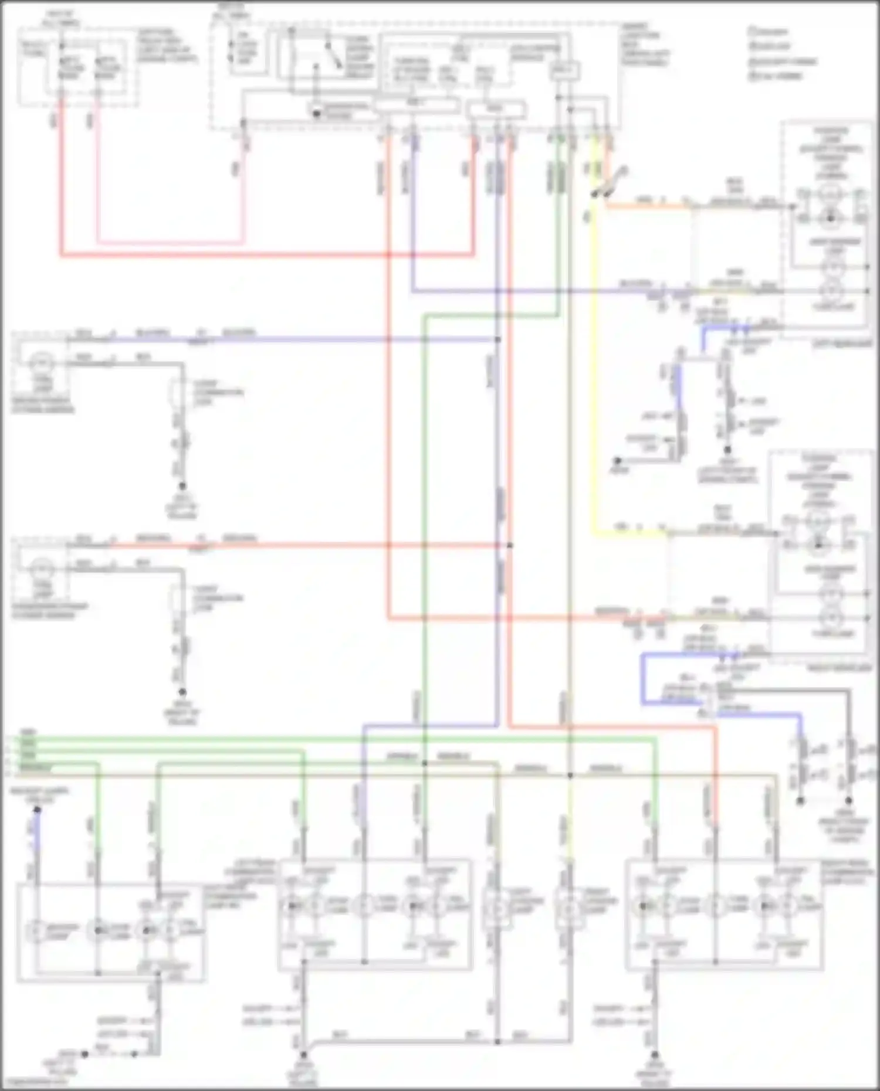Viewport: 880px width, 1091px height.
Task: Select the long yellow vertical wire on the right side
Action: coord(595,381)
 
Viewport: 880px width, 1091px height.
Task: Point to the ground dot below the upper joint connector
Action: coord(182,486)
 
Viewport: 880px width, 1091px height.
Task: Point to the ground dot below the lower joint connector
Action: coord(182,692)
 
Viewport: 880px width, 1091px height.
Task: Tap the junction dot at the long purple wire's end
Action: coord(497,339)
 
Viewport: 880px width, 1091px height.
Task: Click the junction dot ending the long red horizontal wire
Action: coord(509,545)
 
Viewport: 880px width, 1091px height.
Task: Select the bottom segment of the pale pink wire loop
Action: coord(170,242)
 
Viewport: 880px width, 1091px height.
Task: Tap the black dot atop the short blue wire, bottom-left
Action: coord(37,810)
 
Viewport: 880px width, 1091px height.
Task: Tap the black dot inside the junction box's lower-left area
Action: coord(317,113)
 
